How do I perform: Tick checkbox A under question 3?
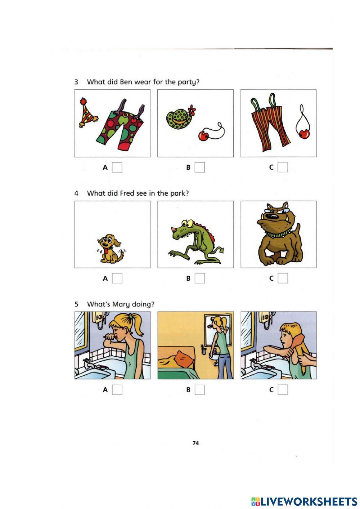pyautogui.click(x=117, y=168)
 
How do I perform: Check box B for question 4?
pyautogui.click(x=200, y=278)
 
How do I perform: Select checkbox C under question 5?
pyautogui.click(x=283, y=390)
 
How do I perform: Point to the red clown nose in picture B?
pyautogui.click(x=204, y=136)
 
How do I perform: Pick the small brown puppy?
pyautogui.click(x=110, y=248)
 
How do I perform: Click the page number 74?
pyautogui.click(x=195, y=443)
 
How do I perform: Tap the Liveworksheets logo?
pyautogui.click(x=304, y=501)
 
